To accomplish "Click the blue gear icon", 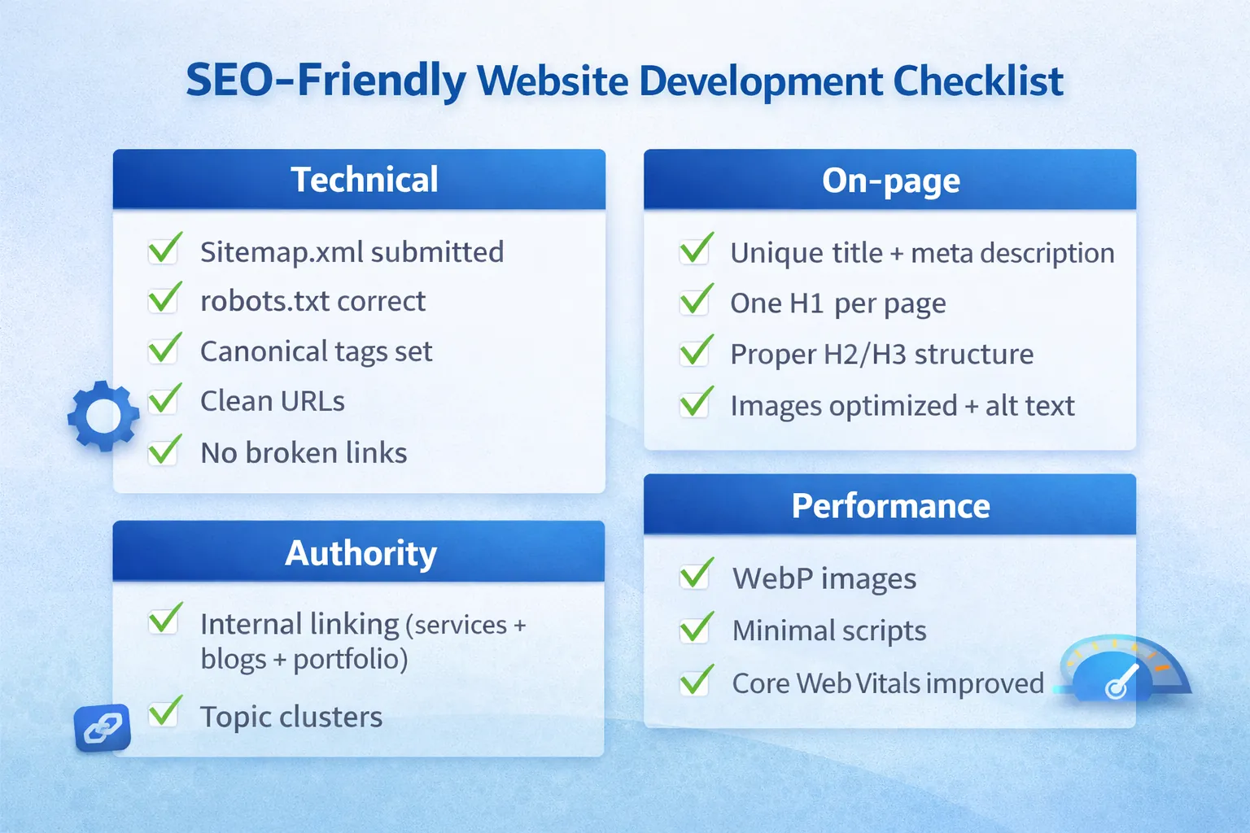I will [103, 416].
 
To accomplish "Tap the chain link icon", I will [102, 726].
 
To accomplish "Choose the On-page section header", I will [889, 180].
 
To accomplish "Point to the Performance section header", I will [889, 505].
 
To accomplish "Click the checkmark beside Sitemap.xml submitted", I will [164, 249].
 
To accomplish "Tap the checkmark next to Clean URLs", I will [164, 399].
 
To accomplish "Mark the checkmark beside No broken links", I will [164, 450].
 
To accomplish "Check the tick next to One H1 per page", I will [697, 300].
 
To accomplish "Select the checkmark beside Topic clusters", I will [165, 712].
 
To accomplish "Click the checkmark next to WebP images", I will [697, 574].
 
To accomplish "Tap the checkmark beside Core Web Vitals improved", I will [697, 680].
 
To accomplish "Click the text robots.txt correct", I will [312, 302].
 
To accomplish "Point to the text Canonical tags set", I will [316, 351].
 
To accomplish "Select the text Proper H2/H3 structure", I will [881, 355].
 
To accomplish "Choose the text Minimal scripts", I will [828, 630].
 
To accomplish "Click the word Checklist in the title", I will [977, 81].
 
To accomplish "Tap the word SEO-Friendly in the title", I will [326, 81].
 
